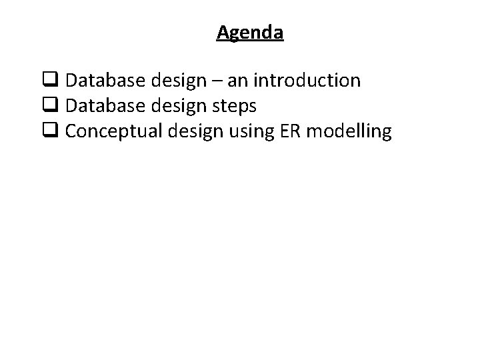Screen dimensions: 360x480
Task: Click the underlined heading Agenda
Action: tap(250, 33)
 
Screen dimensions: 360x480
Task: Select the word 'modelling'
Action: tap(349, 131)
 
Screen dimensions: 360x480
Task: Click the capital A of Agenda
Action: tap(223, 32)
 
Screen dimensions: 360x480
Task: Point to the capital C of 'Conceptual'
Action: tap(71, 131)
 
